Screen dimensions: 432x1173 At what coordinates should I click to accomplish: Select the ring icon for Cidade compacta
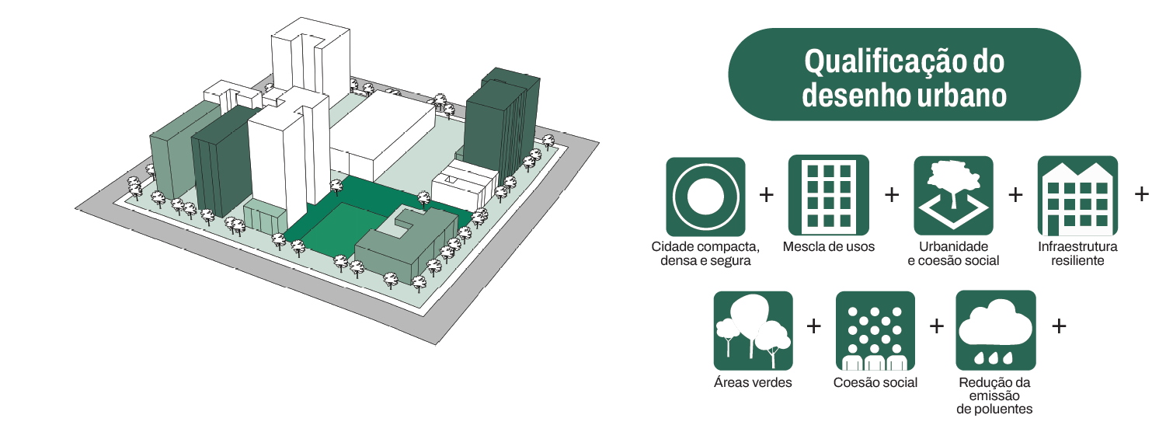click(x=705, y=197)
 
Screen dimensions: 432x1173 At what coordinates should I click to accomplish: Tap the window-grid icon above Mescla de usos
click(x=828, y=197)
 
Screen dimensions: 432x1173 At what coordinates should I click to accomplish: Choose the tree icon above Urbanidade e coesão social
click(x=953, y=197)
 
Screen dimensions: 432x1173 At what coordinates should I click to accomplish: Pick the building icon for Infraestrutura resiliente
click(x=1077, y=197)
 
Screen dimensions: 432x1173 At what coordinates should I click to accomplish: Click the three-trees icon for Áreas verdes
click(x=753, y=330)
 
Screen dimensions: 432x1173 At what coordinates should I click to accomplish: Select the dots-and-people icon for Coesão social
click(x=875, y=330)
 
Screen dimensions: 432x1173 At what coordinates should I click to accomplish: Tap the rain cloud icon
click(x=995, y=330)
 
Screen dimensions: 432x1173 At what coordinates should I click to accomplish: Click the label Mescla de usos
click(x=828, y=247)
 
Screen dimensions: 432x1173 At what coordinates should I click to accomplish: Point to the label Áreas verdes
click(x=753, y=382)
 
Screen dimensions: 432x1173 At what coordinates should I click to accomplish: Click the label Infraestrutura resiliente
click(x=1077, y=253)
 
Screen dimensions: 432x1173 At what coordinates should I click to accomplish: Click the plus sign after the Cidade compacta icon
click(x=767, y=194)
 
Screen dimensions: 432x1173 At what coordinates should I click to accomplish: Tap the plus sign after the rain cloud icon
click(x=1058, y=326)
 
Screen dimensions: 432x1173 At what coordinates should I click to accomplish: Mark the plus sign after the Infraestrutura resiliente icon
click(x=1141, y=193)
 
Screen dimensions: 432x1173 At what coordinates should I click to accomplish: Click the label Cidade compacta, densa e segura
click(x=705, y=253)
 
